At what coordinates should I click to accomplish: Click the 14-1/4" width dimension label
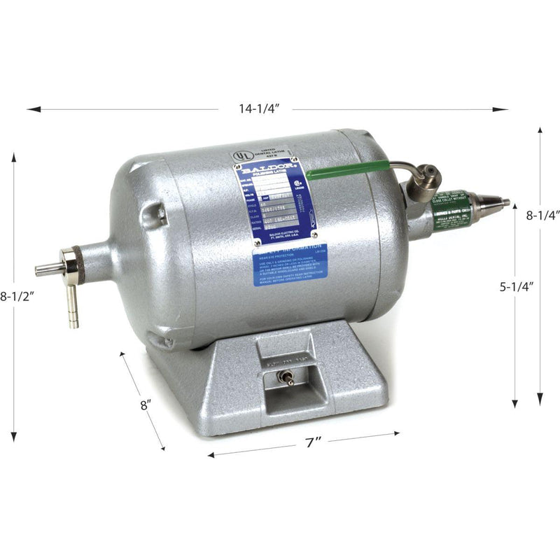click(258, 108)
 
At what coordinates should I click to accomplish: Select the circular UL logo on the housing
click(240, 150)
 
